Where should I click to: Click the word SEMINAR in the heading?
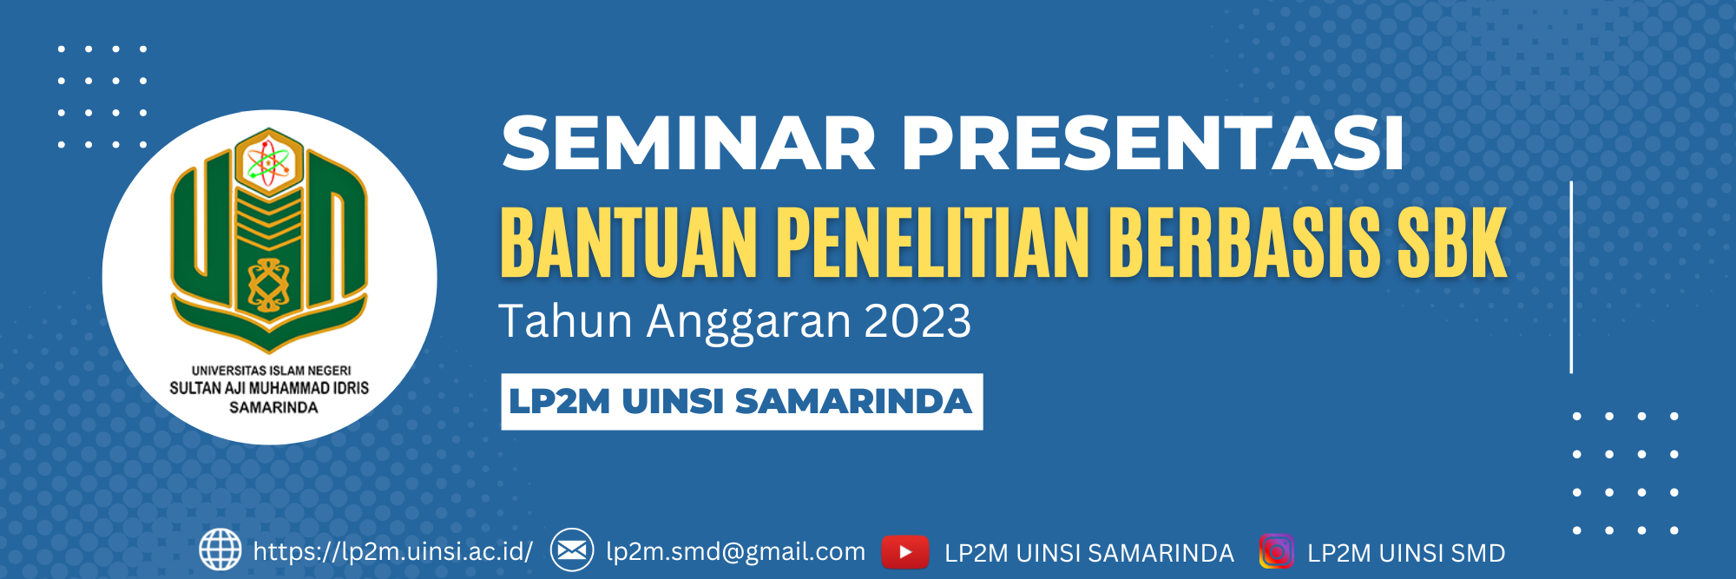(x=688, y=143)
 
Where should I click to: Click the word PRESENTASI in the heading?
(x=1153, y=143)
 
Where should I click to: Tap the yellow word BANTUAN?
(x=629, y=243)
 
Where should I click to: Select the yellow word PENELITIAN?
(x=932, y=243)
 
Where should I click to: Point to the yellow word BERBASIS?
(x=1244, y=243)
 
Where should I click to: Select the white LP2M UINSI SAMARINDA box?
(x=742, y=401)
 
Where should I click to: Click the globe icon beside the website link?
(x=220, y=549)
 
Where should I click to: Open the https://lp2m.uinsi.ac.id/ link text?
(x=393, y=551)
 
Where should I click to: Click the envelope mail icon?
(x=572, y=549)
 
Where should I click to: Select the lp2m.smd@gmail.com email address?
(x=736, y=551)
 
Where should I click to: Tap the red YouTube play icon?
(x=905, y=551)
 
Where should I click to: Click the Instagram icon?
(x=1277, y=551)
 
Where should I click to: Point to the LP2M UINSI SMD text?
(x=1406, y=553)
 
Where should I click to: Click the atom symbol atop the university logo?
(x=269, y=162)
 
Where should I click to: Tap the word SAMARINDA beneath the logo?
(x=273, y=407)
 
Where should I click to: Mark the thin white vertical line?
(x=1571, y=277)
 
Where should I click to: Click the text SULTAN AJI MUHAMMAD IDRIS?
(x=269, y=388)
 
